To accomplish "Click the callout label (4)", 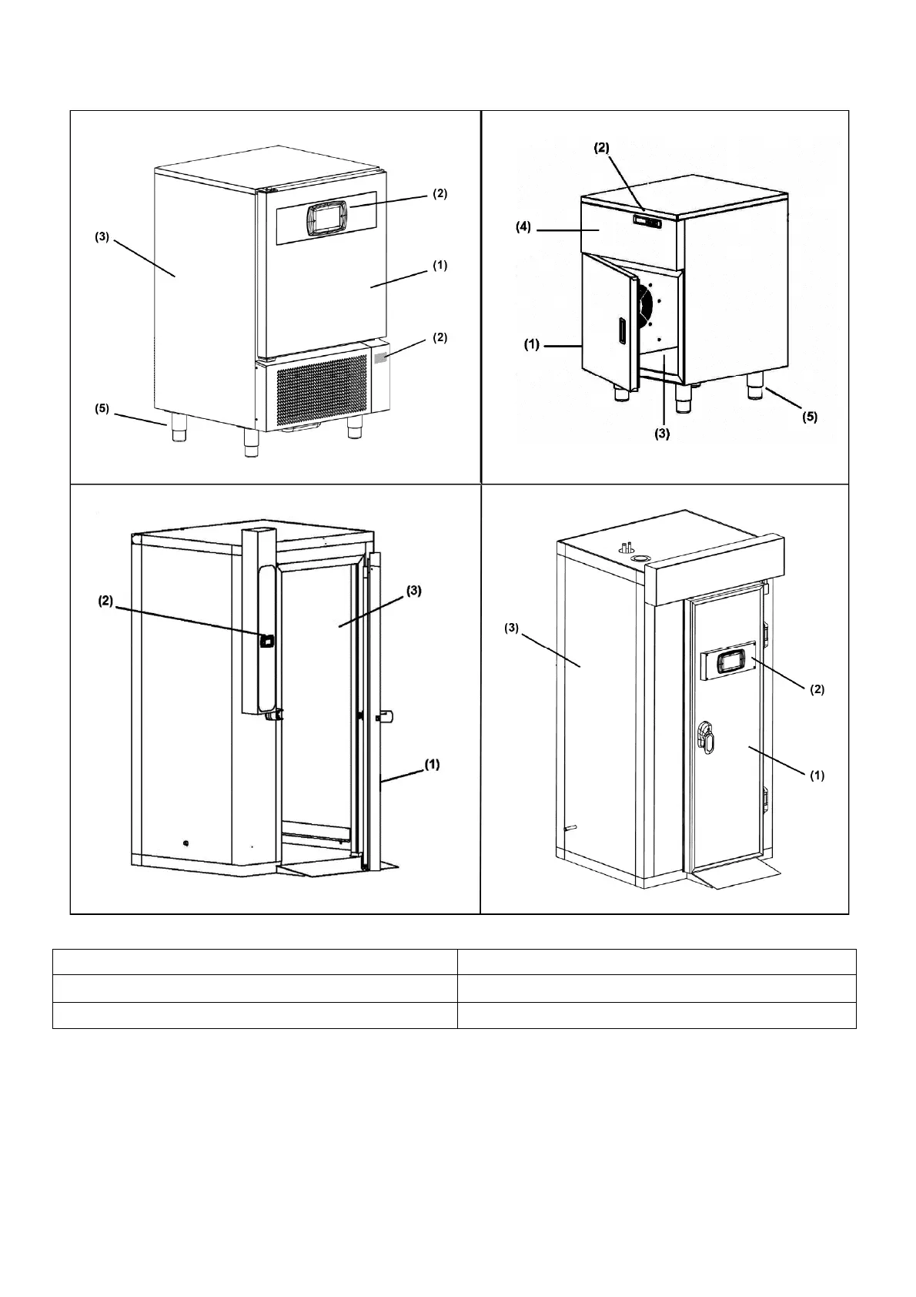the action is click(x=523, y=229).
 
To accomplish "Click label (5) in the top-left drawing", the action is click(x=102, y=409).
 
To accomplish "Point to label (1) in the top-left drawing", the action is click(x=440, y=266).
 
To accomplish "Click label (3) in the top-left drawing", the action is click(x=102, y=237).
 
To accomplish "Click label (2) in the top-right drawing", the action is click(x=601, y=148).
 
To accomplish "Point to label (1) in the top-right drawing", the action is click(x=532, y=345).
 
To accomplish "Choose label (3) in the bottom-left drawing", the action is click(x=414, y=591).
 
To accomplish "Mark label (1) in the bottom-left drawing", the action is click(x=433, y=764).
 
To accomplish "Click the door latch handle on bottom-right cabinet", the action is click(x=706, y=736).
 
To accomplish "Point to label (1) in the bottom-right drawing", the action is click(x=816, y=776).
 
